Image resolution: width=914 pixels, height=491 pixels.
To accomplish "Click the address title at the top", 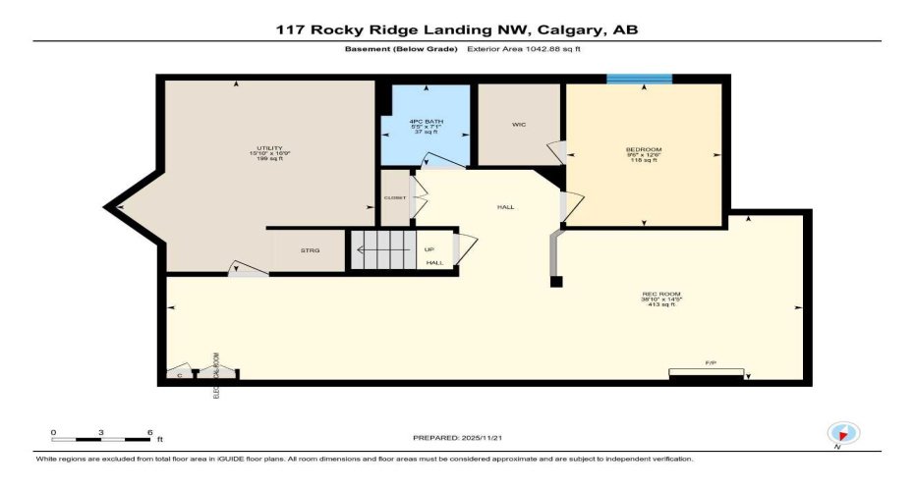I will pyautogui.click(x=457, y=29).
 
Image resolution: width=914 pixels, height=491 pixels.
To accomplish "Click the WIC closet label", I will pyautogui.click(x=519, y=125).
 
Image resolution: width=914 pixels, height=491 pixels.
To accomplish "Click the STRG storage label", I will pyautogui.click(x=310, y=251).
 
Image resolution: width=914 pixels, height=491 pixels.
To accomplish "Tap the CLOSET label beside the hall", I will pyautogui.click(x=394, y=196).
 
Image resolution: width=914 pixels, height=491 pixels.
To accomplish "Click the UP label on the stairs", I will pyautogui.click(x=429, y=249).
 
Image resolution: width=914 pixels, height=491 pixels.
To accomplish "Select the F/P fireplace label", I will pyautogui.click(x=710, y=363).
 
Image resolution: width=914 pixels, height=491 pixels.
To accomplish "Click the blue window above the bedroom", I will pyautogui.click(x=639, y=79).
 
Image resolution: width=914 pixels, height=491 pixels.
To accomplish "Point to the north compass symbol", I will pyautogui.click(x=843, y=432).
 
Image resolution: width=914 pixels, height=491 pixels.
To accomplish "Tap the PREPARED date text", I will pyautogui.click(x=458, y=436).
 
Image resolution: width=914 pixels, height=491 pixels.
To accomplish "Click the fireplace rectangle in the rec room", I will pyautogui.click(x=707, y=372).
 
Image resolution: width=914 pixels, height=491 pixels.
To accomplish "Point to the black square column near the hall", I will pyautogui.click(x=556, y=282).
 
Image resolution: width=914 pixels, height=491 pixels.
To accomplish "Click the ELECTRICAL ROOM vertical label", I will pyautogui.click(x=216, y=377).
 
